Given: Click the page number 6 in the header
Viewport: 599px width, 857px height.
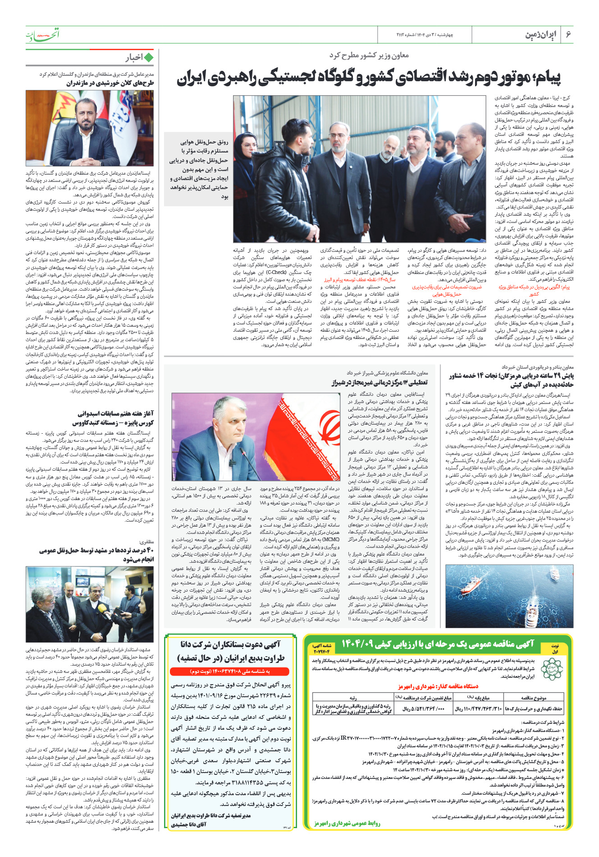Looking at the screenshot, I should click(568, 34).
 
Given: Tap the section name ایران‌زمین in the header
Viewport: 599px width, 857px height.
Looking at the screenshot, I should click(541, 35).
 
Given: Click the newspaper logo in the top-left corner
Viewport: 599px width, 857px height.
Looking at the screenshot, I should click(42, 34).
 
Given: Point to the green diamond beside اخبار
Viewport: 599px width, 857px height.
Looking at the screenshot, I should click(148, 57).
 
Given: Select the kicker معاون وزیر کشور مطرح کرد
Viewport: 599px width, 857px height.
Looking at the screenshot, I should click(369, 55).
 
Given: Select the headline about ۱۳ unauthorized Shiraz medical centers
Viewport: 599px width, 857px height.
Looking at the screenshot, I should click(380, 383).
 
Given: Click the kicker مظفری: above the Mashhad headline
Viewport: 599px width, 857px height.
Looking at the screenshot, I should click(146, 542).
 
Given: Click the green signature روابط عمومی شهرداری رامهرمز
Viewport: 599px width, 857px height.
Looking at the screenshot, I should click(347, 823).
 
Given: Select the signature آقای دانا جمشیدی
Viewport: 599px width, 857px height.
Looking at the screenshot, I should click(189, 824).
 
